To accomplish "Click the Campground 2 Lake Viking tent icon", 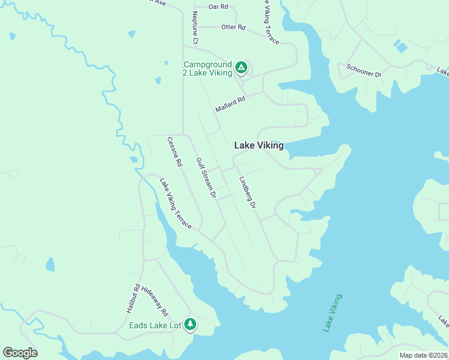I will click(241, 68).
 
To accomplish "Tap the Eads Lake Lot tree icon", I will click(190, 325).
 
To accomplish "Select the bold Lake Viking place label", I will click(258, 145).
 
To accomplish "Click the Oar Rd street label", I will click(218, 7).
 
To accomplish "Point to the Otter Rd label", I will click(234, 27).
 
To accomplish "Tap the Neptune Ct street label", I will click(195, 27).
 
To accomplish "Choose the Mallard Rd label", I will click(231, 104).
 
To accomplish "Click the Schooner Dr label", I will click(364, 70).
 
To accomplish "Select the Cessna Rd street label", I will click(175, 151).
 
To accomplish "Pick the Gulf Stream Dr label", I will click(206, 178).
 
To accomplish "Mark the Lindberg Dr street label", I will click(247, 193).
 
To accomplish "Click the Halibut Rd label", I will click(133, 298).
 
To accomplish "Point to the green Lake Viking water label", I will click(332, 313).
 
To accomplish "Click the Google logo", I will click(20, 353).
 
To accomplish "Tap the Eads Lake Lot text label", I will click(155, 326).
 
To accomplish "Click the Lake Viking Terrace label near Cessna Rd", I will click(175, 203).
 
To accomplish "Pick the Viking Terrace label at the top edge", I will click(271, 21).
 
